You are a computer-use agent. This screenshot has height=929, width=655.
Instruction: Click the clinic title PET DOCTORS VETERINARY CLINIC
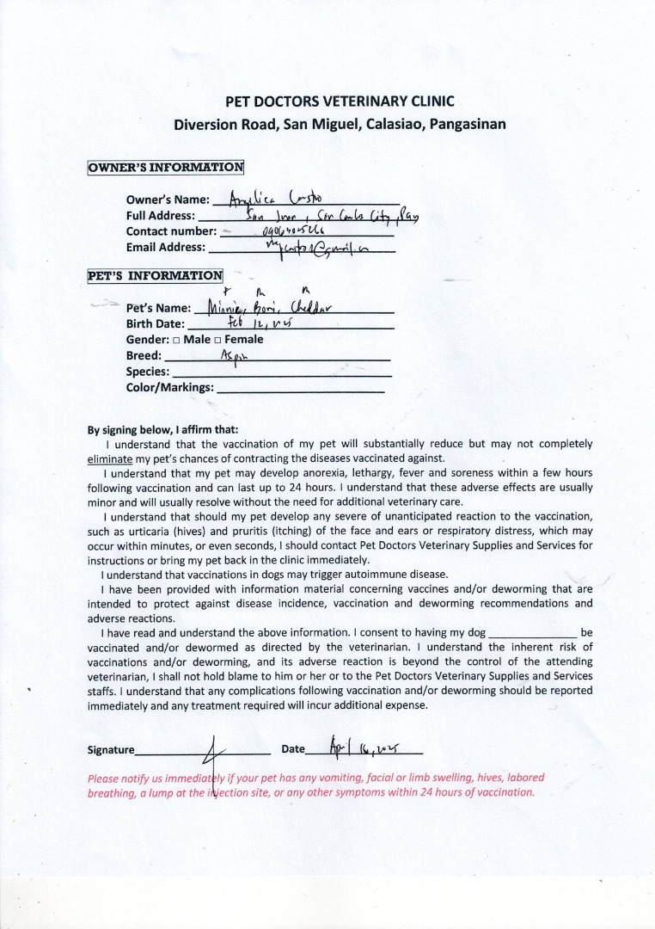[x=340, y=101]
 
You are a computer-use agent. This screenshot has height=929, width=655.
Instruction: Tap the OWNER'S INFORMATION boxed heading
[x=166, y=167]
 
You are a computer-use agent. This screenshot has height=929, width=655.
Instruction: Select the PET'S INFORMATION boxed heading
[x=155, y=276]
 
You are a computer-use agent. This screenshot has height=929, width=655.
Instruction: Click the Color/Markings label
[x=169, y=387]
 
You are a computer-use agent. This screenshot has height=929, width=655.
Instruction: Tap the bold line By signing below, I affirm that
[x=163, y=429]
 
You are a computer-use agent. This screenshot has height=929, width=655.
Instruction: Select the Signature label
[x=111, y=750]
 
